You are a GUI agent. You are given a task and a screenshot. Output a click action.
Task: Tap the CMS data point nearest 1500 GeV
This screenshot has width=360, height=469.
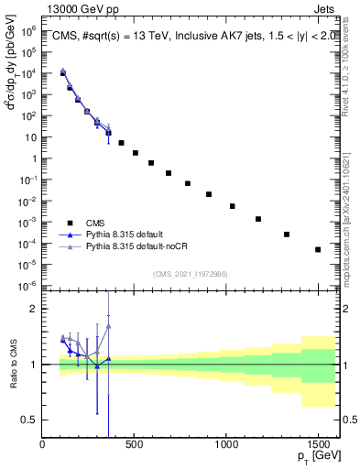[318, 249]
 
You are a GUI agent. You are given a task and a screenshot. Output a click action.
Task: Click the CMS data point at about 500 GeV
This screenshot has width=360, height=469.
[136, 153]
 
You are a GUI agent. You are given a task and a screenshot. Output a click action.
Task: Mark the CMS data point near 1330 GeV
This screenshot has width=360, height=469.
[287, 234]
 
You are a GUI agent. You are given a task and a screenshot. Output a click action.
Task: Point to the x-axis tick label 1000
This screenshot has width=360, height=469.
[226, 446]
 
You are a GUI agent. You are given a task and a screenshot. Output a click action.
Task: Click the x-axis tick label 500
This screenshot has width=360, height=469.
[135, 446]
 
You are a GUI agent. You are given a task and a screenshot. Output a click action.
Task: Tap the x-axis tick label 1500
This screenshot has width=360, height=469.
[318, 446]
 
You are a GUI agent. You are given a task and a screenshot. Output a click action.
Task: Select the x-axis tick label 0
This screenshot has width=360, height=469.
[43, 446]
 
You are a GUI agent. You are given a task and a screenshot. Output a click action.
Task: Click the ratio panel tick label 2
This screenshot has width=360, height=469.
[33, 309]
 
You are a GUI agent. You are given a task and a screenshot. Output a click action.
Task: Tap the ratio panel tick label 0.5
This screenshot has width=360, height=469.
[29, 420]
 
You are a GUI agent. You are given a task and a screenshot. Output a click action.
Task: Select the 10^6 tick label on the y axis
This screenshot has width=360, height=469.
[28, 30]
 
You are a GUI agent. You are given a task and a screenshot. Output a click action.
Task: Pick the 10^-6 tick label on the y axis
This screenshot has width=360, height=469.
[28, 286]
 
